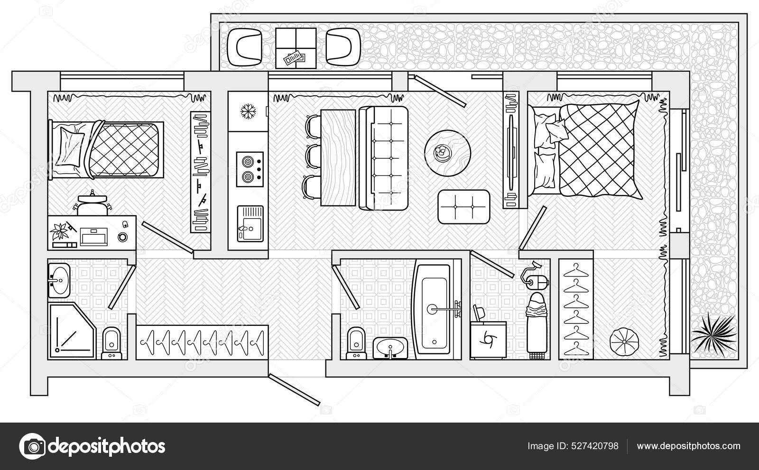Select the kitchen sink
[x=250, y=223]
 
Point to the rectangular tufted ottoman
[x=463, y=207]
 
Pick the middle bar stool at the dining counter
[x=312, y=155]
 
